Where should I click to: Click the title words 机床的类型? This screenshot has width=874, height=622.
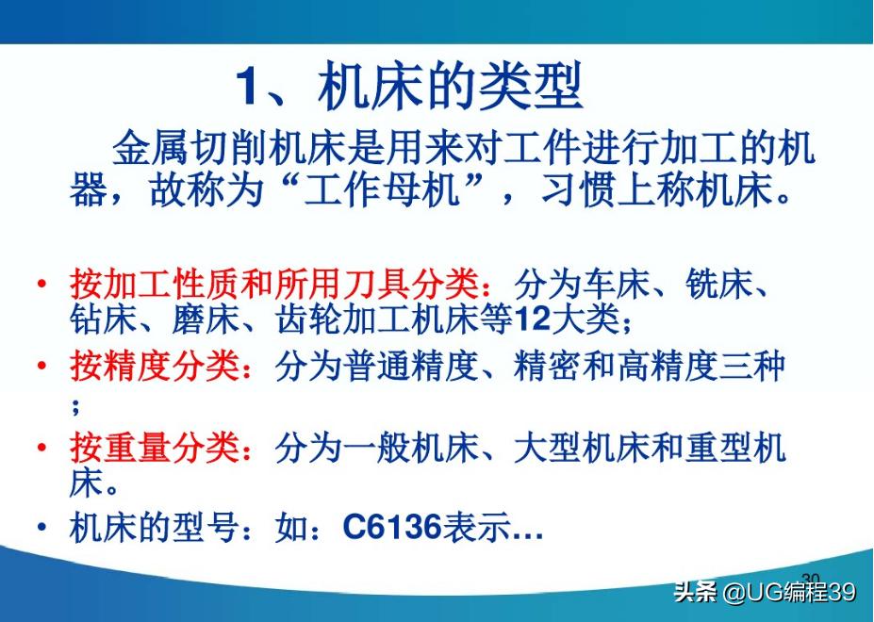tap(451, 88)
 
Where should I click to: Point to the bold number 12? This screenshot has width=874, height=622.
tap(534, 320)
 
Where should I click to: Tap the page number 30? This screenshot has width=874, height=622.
tap(811, 578)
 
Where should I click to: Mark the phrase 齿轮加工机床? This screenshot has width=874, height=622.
tap(376, 320)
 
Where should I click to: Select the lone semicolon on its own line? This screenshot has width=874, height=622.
tap(74, 407)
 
